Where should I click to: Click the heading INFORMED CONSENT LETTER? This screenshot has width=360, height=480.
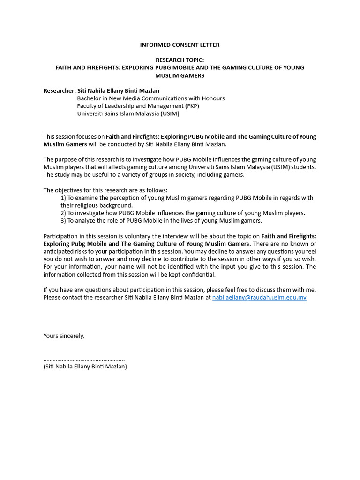click(x=180, y=45)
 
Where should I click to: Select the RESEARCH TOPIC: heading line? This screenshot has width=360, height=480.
click(x=180, y=60)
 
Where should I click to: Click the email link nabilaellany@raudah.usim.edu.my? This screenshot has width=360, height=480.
click(x=259, y=298)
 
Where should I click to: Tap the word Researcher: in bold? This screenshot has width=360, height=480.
click(x=60, y=91)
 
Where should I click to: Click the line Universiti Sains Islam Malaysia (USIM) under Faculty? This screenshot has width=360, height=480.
click(x=128, y=113)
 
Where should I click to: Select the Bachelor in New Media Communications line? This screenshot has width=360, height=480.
click(x=150, y=98)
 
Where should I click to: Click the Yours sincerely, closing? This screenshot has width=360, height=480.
click(x=64, y=336)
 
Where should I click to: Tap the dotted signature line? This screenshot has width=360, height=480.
click(x=84, y=359)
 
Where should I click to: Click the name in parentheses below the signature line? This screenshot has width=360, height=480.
click(x=85, y=367)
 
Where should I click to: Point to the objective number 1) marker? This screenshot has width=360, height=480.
click(x=64, y=198)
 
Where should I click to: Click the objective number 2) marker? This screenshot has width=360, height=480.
click(x=64, y=213)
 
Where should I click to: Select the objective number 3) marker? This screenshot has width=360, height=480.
click(x=64, y=220)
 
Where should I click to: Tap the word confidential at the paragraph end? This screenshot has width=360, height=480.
click(x=199, y=275)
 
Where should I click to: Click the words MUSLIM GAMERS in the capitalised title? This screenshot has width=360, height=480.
click(x=180, y=75)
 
